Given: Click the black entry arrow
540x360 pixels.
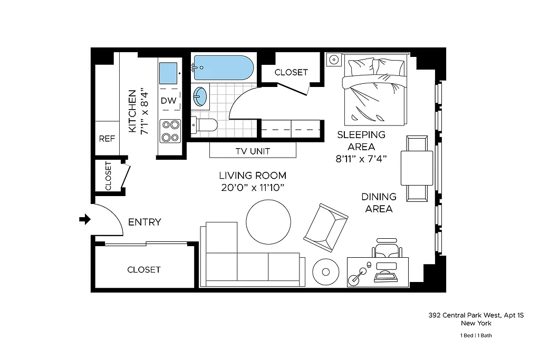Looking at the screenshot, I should [84, 219].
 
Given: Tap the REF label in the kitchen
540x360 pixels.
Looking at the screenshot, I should [107, 139].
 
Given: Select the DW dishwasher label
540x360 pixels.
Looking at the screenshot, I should [168, 100].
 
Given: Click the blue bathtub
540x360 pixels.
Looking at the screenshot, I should [223, 67].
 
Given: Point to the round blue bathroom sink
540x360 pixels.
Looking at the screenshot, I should [200, 96].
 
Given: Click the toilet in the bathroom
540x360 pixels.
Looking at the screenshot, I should [206, 125].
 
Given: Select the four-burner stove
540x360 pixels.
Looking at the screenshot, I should [170, 131].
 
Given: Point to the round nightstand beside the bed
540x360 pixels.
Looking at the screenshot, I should [334, 60].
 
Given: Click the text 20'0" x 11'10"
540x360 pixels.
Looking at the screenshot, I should [253, 188].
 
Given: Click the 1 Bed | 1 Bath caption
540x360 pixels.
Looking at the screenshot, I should [476, 335].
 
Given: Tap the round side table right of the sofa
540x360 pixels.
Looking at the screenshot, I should [326, 272].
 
